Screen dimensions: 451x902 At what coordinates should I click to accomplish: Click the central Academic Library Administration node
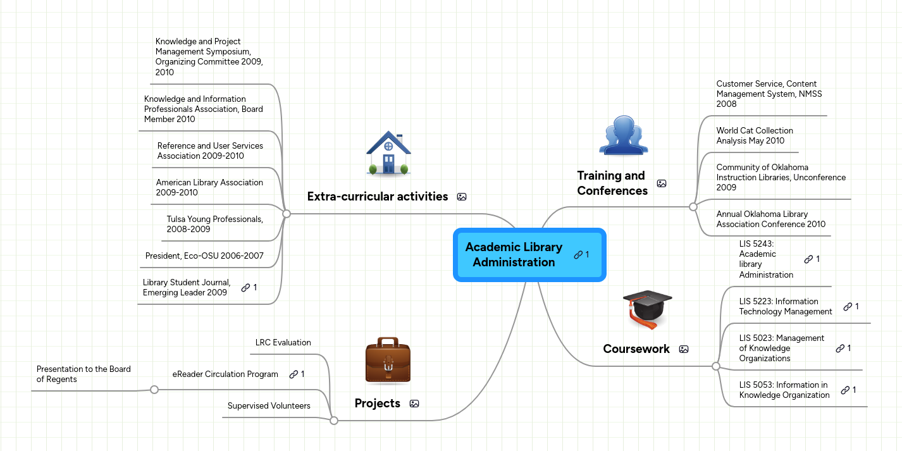(x=514, y=255)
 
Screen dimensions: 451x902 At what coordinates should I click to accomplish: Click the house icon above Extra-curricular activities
(x=388, y=153)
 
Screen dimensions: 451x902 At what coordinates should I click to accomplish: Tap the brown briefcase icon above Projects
(x=388, y=361)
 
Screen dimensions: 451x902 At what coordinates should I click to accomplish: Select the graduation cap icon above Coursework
(x=646, y=309)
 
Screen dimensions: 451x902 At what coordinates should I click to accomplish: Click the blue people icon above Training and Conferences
(x=623, y=135)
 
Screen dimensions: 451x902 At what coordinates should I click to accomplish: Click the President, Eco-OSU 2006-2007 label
(x=204, y=256)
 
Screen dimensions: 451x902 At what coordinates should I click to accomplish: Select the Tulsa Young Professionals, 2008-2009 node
(x=214, y=225)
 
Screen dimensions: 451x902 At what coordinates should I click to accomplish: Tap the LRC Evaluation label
(x=283, y=343)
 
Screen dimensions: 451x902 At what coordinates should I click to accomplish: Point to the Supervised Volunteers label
(x=269, y=406)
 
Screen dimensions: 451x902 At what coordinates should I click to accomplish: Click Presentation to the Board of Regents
(x=83, y=374)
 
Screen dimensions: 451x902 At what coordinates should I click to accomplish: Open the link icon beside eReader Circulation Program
(x=293, y=374)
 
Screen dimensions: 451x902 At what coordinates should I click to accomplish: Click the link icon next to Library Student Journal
(x=246, y=288)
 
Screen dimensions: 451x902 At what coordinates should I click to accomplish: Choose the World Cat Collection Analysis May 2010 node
(x=754, y=136)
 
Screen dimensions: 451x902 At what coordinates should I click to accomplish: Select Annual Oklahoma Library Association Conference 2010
(x=770, y=219)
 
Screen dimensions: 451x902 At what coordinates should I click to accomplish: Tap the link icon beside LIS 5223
(x=848, y=307)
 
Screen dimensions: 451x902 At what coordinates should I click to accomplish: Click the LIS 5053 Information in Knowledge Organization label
(x=784, y=390)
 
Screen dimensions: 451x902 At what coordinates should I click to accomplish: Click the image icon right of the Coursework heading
(x=684, y=349)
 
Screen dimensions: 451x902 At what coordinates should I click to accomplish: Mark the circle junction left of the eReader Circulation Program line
(x=154, y=390)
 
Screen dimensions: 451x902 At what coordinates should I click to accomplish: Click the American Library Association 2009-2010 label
(x=209, y=188)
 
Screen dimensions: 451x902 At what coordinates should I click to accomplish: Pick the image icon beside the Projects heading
(x=414, y=404)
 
